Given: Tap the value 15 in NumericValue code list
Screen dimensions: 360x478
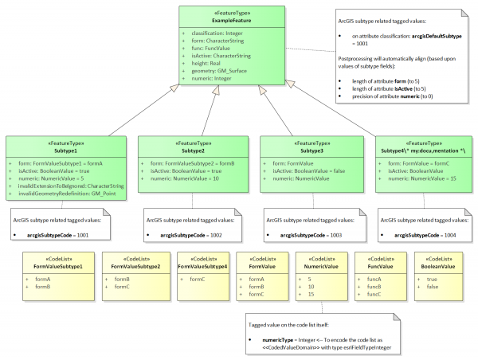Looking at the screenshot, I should pos(310,295).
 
